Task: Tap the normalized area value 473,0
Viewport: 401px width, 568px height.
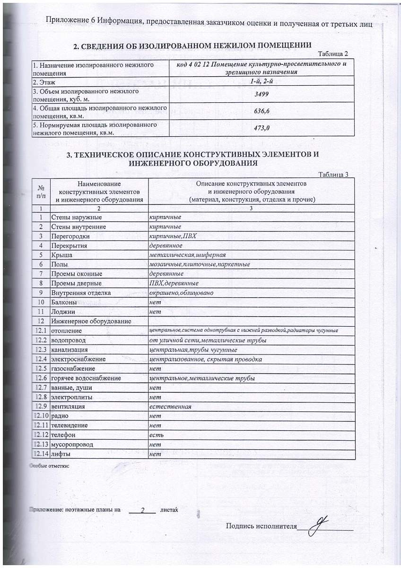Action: point(262,127)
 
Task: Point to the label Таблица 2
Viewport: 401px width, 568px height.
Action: point(333,53)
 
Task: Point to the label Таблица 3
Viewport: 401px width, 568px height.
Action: point(333,174)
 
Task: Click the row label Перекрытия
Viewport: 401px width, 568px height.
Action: point(69,246)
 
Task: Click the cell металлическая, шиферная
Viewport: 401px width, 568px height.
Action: point(184,255)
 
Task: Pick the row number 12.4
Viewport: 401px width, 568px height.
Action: point(42,359)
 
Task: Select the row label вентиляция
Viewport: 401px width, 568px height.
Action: point(68,407)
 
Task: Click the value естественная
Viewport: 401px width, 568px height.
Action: point(170,407)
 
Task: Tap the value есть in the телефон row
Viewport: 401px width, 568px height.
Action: point(156,435)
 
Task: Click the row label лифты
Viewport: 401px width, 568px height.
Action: point(61,454)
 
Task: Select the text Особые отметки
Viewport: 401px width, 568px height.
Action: point(50,466)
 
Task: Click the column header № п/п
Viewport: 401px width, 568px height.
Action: point(41,191)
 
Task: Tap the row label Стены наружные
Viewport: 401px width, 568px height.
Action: point(76,217)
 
